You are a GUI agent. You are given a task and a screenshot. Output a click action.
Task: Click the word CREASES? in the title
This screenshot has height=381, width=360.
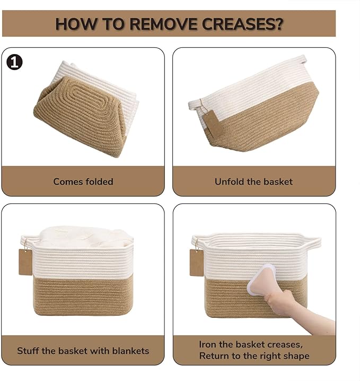click(242, 24)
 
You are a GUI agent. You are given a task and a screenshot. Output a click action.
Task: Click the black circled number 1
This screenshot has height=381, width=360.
click(14, 62)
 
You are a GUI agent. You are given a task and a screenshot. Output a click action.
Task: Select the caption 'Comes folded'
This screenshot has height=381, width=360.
click(83, 181)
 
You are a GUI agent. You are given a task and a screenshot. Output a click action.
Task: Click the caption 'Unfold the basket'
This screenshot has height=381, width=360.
click(253, 181)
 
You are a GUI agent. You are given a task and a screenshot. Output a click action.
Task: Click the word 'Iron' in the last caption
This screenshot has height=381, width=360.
click(207, 344)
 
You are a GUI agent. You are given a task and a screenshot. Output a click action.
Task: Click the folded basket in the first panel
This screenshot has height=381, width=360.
click(86, 109)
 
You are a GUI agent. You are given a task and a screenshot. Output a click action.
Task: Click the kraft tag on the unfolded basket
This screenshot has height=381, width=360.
click(213, 123)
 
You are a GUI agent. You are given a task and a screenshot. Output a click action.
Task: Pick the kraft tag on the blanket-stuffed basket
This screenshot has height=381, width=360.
click(25, 262)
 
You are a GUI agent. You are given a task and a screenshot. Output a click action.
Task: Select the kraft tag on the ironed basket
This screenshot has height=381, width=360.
click(197, 263)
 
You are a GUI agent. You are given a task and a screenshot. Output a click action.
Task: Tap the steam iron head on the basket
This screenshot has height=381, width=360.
click(261, 280)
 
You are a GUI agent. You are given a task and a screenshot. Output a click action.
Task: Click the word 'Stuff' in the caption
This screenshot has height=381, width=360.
click(28, 351)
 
